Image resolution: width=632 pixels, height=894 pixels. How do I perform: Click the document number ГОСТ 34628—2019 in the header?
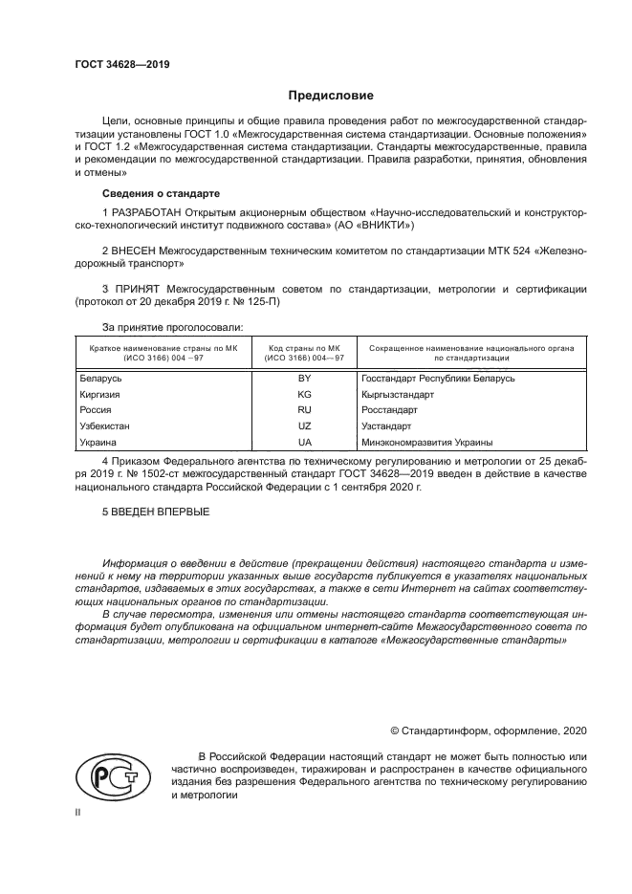point(121,64)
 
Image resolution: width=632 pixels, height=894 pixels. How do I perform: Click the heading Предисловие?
point(331,96)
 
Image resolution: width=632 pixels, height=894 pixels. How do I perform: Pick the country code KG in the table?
point(305,394)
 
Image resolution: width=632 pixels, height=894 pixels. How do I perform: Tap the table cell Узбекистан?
point(106,426)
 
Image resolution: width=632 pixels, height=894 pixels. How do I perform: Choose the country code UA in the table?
point(305,443)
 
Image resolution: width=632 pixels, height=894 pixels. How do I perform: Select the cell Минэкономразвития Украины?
point(426,443)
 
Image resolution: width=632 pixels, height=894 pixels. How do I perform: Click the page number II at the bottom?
point(78,811)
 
